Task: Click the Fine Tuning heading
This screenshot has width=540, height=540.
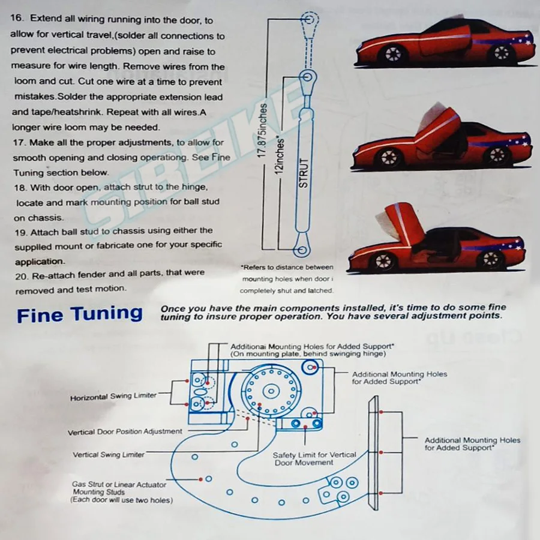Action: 80,314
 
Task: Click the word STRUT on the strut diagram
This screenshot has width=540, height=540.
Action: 303,174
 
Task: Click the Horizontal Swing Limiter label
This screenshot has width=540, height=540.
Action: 113,397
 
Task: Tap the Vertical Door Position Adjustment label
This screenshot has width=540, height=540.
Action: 125,431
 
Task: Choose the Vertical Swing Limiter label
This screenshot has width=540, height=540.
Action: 109,455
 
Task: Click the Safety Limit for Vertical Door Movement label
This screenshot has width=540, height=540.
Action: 314,459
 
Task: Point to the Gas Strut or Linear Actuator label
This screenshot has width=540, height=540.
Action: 119,484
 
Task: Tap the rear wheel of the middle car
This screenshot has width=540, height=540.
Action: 497,155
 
